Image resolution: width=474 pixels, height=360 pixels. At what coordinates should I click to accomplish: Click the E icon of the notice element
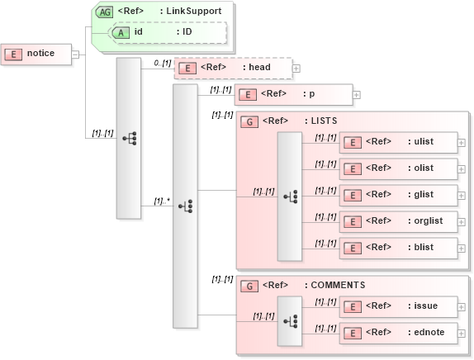(x=13, y=54)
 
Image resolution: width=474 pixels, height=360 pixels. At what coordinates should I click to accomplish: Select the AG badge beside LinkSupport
(x=105, y=12)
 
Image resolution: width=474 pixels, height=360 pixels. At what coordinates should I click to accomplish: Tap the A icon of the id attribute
(x=121, y=32)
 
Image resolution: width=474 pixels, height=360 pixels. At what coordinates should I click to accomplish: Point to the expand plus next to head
(x=296, y=69)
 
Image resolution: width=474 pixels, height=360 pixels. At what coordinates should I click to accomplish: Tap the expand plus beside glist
(x=461, y=195)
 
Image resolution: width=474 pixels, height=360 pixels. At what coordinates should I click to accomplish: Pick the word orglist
(x=425, y=221)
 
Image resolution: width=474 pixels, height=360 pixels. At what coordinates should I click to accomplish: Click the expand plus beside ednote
(x=461, y=333)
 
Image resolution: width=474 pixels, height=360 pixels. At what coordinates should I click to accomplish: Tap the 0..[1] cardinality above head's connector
(x=162, y=62)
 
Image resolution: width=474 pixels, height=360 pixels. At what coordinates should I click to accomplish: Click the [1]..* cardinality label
(x=162, y=201)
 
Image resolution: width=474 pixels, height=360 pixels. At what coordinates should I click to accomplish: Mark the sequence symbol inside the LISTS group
(x=290, y=197)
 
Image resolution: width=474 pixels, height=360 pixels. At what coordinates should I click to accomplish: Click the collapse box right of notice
(x=76, y=54)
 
